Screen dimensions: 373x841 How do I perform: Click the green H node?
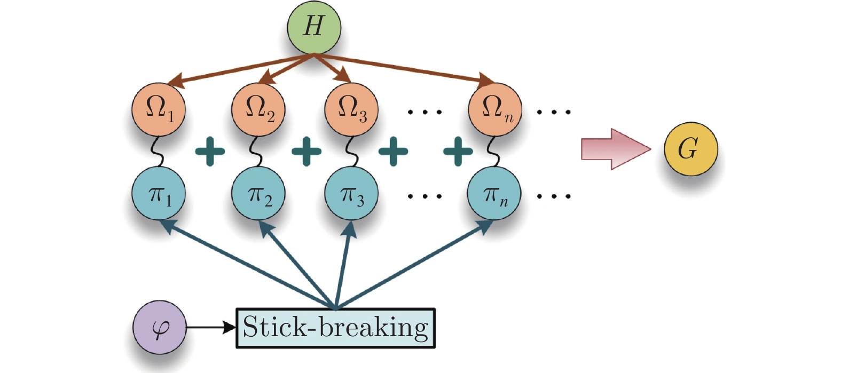(314, 27)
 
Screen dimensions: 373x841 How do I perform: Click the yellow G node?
(690, 149)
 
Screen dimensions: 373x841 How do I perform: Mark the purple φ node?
(159, 327)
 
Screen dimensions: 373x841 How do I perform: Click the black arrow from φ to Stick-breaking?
(210, 327)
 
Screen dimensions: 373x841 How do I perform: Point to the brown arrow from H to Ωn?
(406, 68)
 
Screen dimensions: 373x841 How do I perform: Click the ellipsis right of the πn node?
(554, 196)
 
